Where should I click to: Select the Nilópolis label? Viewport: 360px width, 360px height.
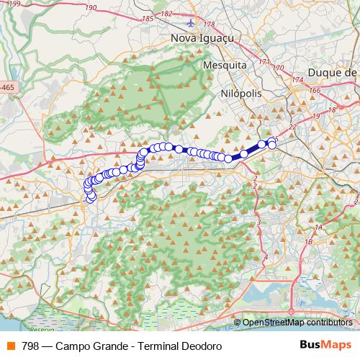tap(240, 94)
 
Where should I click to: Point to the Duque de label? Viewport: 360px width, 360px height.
tap(332, 73)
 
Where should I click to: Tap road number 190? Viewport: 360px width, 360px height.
tap(90, 7)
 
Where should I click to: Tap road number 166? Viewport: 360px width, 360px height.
tap(315, 91)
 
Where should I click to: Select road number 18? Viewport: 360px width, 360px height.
tap(332, 109)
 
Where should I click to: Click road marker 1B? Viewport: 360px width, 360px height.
tap(308, 242)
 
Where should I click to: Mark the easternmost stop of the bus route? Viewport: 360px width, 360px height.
tap(272, 145)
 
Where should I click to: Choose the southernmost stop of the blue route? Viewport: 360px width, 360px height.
tap(91, 198)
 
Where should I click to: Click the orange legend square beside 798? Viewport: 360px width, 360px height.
tap(11, 346)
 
